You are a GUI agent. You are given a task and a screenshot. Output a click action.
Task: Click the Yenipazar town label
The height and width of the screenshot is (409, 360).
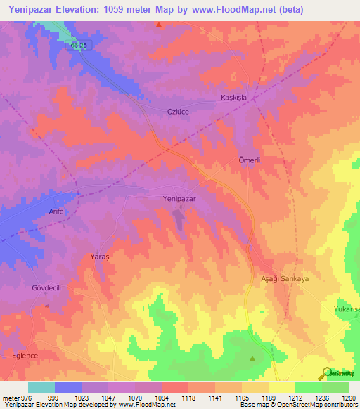pyautogui.click(x=179, y=199)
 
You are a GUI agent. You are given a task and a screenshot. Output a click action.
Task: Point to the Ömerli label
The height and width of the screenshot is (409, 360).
pyautogui.click(x=250, y=160)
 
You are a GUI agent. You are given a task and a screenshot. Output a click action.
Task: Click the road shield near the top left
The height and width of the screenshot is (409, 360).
pyautogui.click(x=79, y=44)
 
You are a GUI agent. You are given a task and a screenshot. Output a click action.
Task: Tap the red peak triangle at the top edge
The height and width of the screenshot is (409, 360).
pyautogui.click(x=160, y=24)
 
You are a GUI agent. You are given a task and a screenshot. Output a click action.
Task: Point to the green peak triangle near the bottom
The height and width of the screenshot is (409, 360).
pyautogui.click(x=252, y=358)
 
